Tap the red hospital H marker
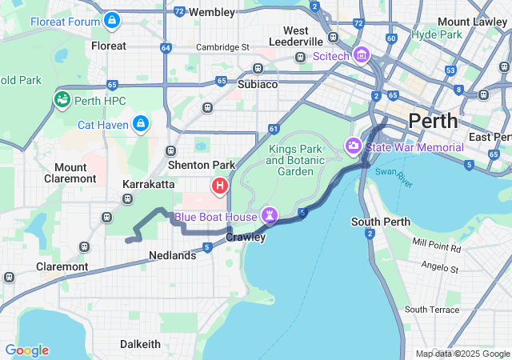[220, 186]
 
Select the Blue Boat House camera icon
[270, 216]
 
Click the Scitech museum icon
[362, 54]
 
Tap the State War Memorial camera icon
[353, 146]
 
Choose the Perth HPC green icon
[62, 99]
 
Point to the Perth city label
[433, 122]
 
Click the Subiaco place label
[258, 83]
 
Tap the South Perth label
[380, 221]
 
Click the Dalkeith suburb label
[140, 344]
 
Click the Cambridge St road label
[223, 47]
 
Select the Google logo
[26, 350]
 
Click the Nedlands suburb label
[172, 255]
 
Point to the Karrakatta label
[148, 184]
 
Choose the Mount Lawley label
[465, 21]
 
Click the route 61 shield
[274, 128]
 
